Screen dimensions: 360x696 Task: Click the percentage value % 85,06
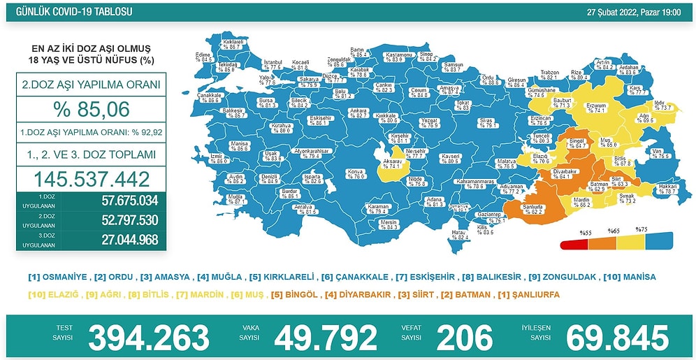pyautogui.click(x=87, y=108)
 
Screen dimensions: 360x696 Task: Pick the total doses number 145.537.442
pyautogui.click(x=87, y=178)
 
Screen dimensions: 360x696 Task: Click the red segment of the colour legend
pyautogui.click(x=574, y=245)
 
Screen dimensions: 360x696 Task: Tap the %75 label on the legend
pyautogui.click(x=641, y=229)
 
